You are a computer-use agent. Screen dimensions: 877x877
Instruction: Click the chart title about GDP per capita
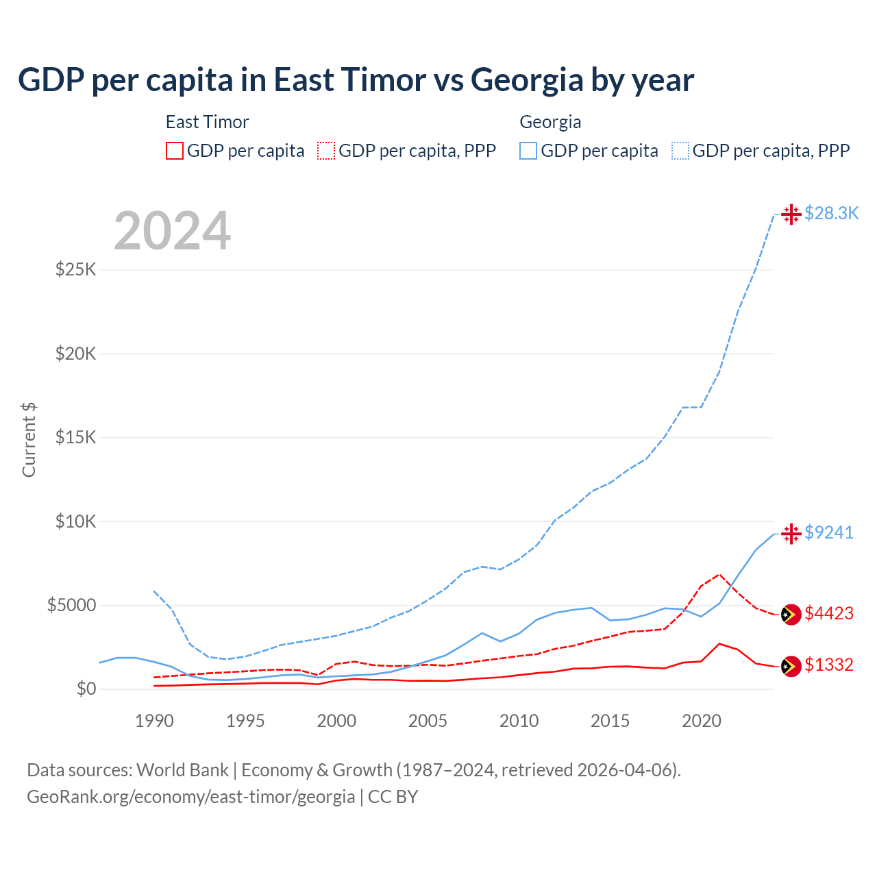tap(356, 79)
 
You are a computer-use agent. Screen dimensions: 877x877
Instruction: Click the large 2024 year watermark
tap(172, 231)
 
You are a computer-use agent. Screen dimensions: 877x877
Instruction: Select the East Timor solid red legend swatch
tap(175, 151)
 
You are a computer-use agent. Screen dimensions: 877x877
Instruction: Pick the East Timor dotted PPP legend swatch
tap(326, 151)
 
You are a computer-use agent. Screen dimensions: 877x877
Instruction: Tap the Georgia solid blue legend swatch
tap(528, 151)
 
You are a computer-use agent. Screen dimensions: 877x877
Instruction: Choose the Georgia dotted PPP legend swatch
tap(680, 151)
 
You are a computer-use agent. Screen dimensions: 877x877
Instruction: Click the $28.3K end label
tap(831, 214)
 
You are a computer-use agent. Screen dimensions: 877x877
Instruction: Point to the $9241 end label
tap(829, 532)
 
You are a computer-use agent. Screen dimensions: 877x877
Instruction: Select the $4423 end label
tap(829, 613)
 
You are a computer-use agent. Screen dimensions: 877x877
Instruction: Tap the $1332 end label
tap(829, 665)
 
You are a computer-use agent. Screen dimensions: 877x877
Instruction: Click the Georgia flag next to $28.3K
tap(791, 214)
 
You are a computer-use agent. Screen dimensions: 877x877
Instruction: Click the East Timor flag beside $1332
tap(791, 666)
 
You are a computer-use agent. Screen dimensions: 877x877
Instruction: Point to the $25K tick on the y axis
tap(76, 269)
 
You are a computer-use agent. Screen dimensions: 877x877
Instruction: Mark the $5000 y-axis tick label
tap(72, 605)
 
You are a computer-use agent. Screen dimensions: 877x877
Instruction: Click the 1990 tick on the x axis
tap(154, 721)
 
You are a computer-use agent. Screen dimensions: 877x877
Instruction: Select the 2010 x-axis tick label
tap(519, 721)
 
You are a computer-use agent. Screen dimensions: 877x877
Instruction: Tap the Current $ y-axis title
tap(29, 440)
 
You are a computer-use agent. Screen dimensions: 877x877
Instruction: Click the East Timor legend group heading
tap(207, 122)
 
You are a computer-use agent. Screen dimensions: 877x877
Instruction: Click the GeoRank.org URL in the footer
tap(190, 797)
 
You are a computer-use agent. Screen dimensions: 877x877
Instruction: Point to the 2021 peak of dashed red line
tap(719, 574)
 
